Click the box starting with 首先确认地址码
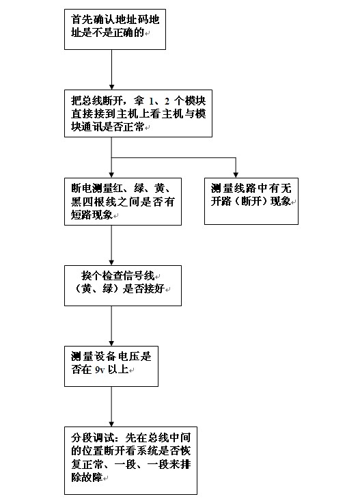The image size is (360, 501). (115, 29)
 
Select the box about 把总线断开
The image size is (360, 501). (138, 113)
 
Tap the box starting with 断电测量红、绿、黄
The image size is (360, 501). (123, 202)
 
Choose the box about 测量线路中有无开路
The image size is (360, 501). (251, 202)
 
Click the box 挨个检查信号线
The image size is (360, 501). (123, 286)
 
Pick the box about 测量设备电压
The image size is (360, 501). (111, 366)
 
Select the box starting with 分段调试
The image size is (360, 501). (130, 461)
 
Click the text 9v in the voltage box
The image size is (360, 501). (100, 370)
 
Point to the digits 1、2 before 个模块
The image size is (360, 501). (159, 102)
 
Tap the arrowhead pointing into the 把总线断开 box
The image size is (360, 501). (111, 87)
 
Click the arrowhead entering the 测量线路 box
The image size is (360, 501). (236, 175)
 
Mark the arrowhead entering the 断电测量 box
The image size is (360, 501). (111, 175)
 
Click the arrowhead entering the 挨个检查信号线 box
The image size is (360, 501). (111, 262)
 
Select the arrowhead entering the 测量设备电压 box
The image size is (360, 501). (111, 343)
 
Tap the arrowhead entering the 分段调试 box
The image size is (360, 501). (111, 424)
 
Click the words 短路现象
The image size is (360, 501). (92, 215)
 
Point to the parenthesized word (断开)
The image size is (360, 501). (251, 202)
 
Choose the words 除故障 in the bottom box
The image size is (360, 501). (87, 477)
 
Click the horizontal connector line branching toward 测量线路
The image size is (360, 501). (174, 157)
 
